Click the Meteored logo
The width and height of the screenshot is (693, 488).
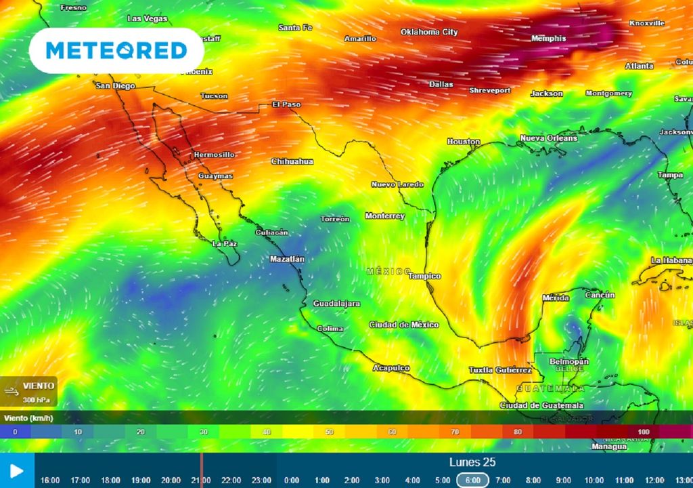116,50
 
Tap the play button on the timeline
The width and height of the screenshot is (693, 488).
17,470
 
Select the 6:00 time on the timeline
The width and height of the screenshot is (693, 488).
472,480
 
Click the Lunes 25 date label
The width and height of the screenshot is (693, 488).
472,462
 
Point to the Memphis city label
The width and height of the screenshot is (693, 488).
548,39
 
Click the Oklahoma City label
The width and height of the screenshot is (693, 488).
429,32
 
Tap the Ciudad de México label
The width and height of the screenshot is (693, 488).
403,325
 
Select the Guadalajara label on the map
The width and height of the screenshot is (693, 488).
336,304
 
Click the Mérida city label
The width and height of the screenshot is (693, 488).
556,298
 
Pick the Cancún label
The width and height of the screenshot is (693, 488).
600,295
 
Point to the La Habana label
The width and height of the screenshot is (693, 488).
671,260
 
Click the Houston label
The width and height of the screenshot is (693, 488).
464,142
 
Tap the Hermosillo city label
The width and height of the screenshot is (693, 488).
214,155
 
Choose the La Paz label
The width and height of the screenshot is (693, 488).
224,243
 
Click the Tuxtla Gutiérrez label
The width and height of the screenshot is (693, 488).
500,370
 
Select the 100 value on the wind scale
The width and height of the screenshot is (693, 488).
643,432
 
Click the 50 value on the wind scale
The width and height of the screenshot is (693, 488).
329,432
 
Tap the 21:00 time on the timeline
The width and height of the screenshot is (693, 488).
200,480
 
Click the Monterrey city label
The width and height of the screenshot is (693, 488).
384,216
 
